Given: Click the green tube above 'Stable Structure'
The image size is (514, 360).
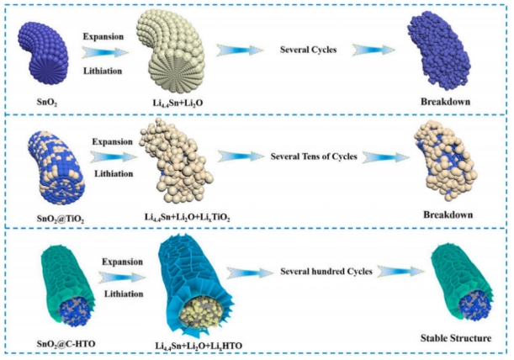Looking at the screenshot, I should (448, 287).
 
